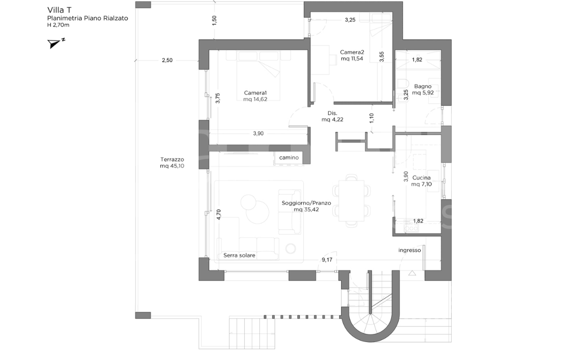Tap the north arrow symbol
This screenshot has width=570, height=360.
click(x=54, y=44)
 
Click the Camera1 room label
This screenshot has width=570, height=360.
click(x=255, y=93)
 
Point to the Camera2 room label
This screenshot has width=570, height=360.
click(x=352, y=52)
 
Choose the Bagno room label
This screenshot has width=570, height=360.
click(x=422, y=86)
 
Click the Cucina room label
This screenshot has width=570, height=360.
click(x=422, y=178)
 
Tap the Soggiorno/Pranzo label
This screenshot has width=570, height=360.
click(x=306, y=203)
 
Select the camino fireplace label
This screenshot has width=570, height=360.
click(x=289, y=158)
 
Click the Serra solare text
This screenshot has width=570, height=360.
click(x=239, y=255)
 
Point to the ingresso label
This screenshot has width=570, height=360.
click(x=409, y=250)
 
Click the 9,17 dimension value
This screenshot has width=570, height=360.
click(x=327, y=259)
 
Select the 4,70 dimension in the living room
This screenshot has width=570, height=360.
click(x=218, y=215)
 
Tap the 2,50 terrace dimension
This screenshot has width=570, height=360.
click(x=167, y=60)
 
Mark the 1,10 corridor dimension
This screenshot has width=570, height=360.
click(x=371, y=118)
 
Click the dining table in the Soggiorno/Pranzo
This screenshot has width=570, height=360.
click(x=352, y=200)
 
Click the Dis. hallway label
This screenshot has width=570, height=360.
click(x=332, y=113)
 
